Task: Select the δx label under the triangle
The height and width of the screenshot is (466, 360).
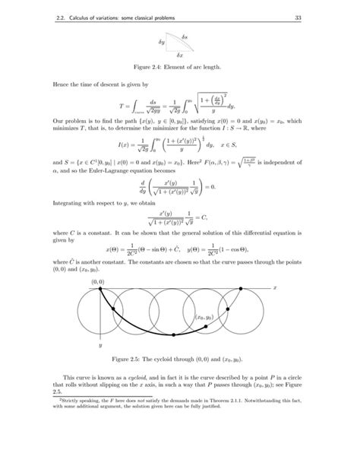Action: click(x=179, y=56)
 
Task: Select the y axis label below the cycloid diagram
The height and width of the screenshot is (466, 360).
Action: click(x=99, y=344)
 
